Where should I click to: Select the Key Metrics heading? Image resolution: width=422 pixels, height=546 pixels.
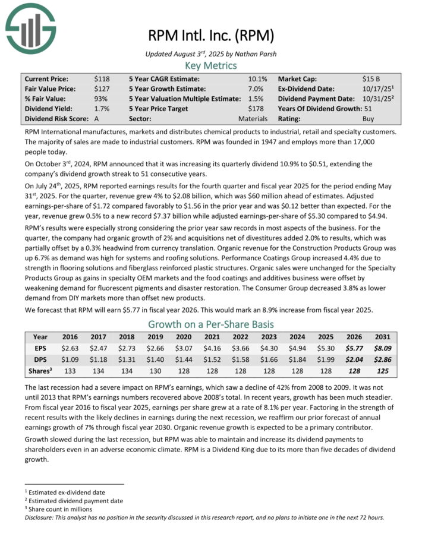coord(210,65)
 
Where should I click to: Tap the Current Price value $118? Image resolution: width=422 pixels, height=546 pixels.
coord(101,78)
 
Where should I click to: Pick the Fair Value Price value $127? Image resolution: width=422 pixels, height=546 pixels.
coord(101,89)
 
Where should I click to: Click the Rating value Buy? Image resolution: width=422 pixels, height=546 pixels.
coord(369,119)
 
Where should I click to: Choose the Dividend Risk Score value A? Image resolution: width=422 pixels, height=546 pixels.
coord(97,119)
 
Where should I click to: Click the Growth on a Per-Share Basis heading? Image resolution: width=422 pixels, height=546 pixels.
coord(210,324)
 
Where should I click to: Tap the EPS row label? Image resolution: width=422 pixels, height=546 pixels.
coord(40,348)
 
